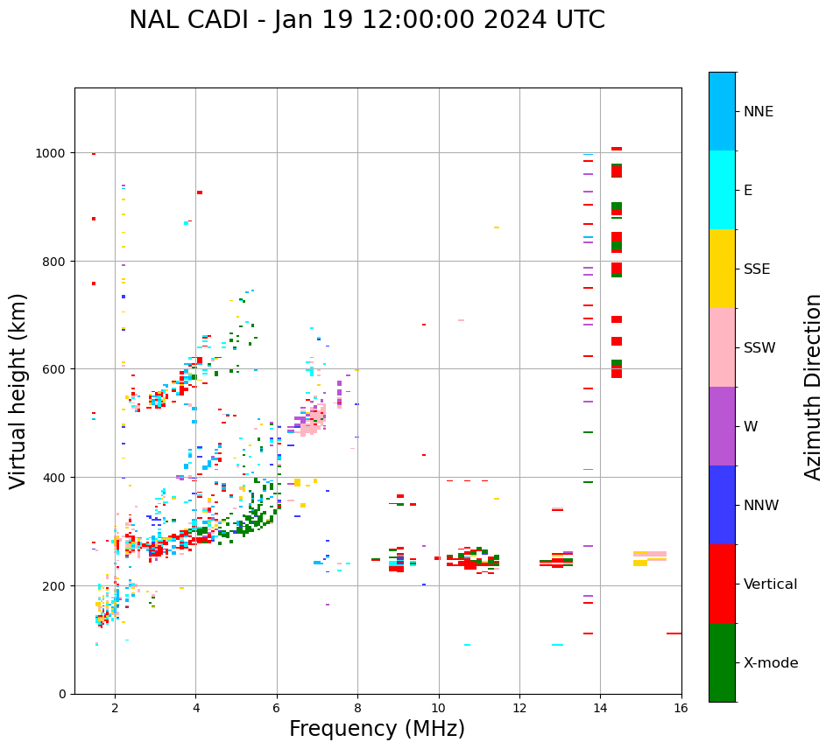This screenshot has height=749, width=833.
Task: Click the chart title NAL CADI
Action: coord(366,20)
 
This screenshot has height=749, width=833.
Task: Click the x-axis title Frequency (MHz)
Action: coord(377,729)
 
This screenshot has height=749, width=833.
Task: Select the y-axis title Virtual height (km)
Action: coord(18,391)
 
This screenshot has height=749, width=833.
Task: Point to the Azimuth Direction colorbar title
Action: coord(814,387)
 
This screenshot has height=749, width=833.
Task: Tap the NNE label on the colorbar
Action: coord(759,111)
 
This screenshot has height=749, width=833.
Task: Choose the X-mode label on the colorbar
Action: coord(771,663)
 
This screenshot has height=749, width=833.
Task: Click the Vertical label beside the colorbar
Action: coord(771,584)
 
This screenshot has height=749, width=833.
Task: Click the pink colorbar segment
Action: coord(722,347)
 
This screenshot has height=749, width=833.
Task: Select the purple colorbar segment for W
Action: coord(722,426)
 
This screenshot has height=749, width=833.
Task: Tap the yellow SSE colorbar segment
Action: coord(722,269)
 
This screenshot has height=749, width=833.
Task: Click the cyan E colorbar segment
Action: coord(722,190)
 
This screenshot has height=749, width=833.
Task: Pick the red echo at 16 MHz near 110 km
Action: coord(674,633)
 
